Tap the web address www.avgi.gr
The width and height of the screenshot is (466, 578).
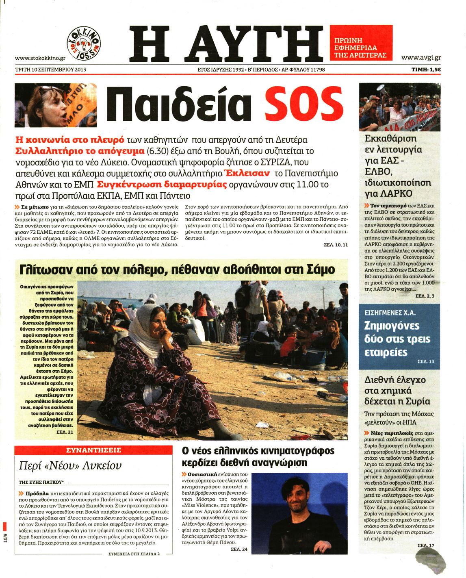(x=421, y=58)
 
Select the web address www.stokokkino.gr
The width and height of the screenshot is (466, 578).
(x=40, y=59)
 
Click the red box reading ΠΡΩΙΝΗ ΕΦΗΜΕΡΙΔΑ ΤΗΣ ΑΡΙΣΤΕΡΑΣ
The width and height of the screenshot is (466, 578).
(x=360, y=43)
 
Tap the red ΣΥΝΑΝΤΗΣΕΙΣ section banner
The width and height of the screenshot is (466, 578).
(x=93, y=450)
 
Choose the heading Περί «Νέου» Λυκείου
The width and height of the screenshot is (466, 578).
(x=70, y=466)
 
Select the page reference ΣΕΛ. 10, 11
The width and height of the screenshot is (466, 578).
(x=336, y=245)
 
